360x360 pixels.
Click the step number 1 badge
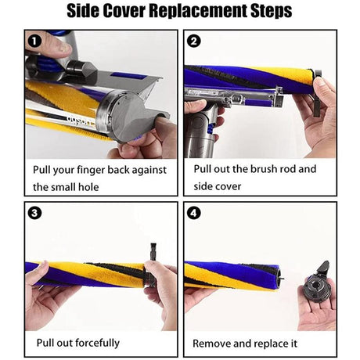tap(34, 41)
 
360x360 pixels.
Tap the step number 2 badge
tap(194, 41)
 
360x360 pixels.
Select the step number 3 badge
tap(34, 214)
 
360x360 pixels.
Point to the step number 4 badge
tap(194, 214)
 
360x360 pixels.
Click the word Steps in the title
tap(272, 11)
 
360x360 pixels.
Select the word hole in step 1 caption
tap(89, 187)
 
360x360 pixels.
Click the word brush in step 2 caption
tap(264, 169)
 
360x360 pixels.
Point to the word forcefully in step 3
tap(96, 343)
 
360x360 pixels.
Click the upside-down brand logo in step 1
tap(81, 121)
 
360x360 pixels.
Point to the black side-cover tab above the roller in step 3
tap(153, 251)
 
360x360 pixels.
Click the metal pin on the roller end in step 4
tap(282, 278)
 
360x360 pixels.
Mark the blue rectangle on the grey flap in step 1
tap(128, 76)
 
